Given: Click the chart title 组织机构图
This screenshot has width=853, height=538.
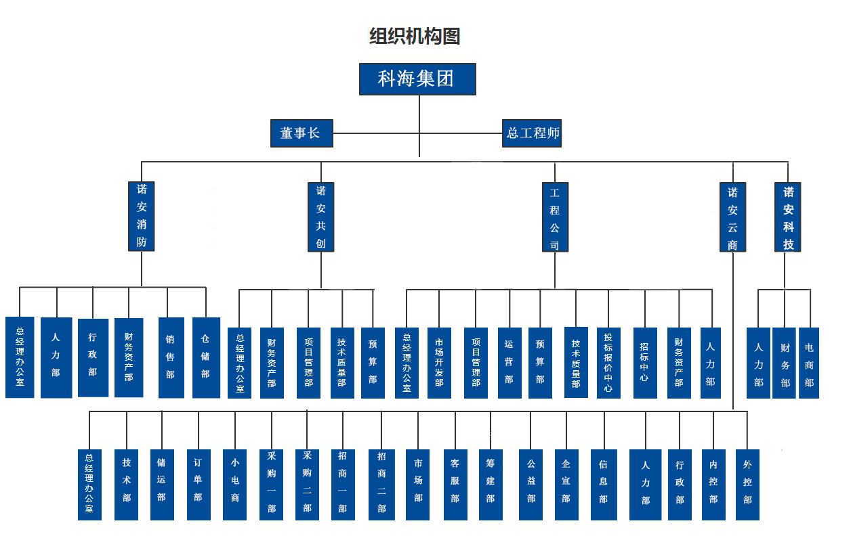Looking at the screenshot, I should [x=415, y=36].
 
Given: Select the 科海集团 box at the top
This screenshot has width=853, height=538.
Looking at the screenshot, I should [x=417, y=79].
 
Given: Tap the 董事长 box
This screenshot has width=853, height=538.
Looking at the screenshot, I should [x=301, y=133].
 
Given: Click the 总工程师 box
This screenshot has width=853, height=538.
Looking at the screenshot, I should [x=532, y=133].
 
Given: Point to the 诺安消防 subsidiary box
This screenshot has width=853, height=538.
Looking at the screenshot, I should [x=142, y=216].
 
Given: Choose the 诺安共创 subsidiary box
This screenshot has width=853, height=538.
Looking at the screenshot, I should [x=321, y=217].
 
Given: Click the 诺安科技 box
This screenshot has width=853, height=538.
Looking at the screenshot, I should [x=788, y=217].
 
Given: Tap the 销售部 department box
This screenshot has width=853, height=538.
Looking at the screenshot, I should [x=171, y=357].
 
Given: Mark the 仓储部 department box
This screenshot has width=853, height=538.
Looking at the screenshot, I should [x=206, y=357].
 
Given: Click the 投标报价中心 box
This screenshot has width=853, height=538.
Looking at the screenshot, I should [x=608, y=363].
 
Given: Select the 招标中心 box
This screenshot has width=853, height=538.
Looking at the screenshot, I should [x=644, y=363].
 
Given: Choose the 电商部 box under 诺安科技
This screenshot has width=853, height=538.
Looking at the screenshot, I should [x=809, y=363].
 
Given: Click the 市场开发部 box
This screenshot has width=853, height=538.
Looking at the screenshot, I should [x=439, y=363].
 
